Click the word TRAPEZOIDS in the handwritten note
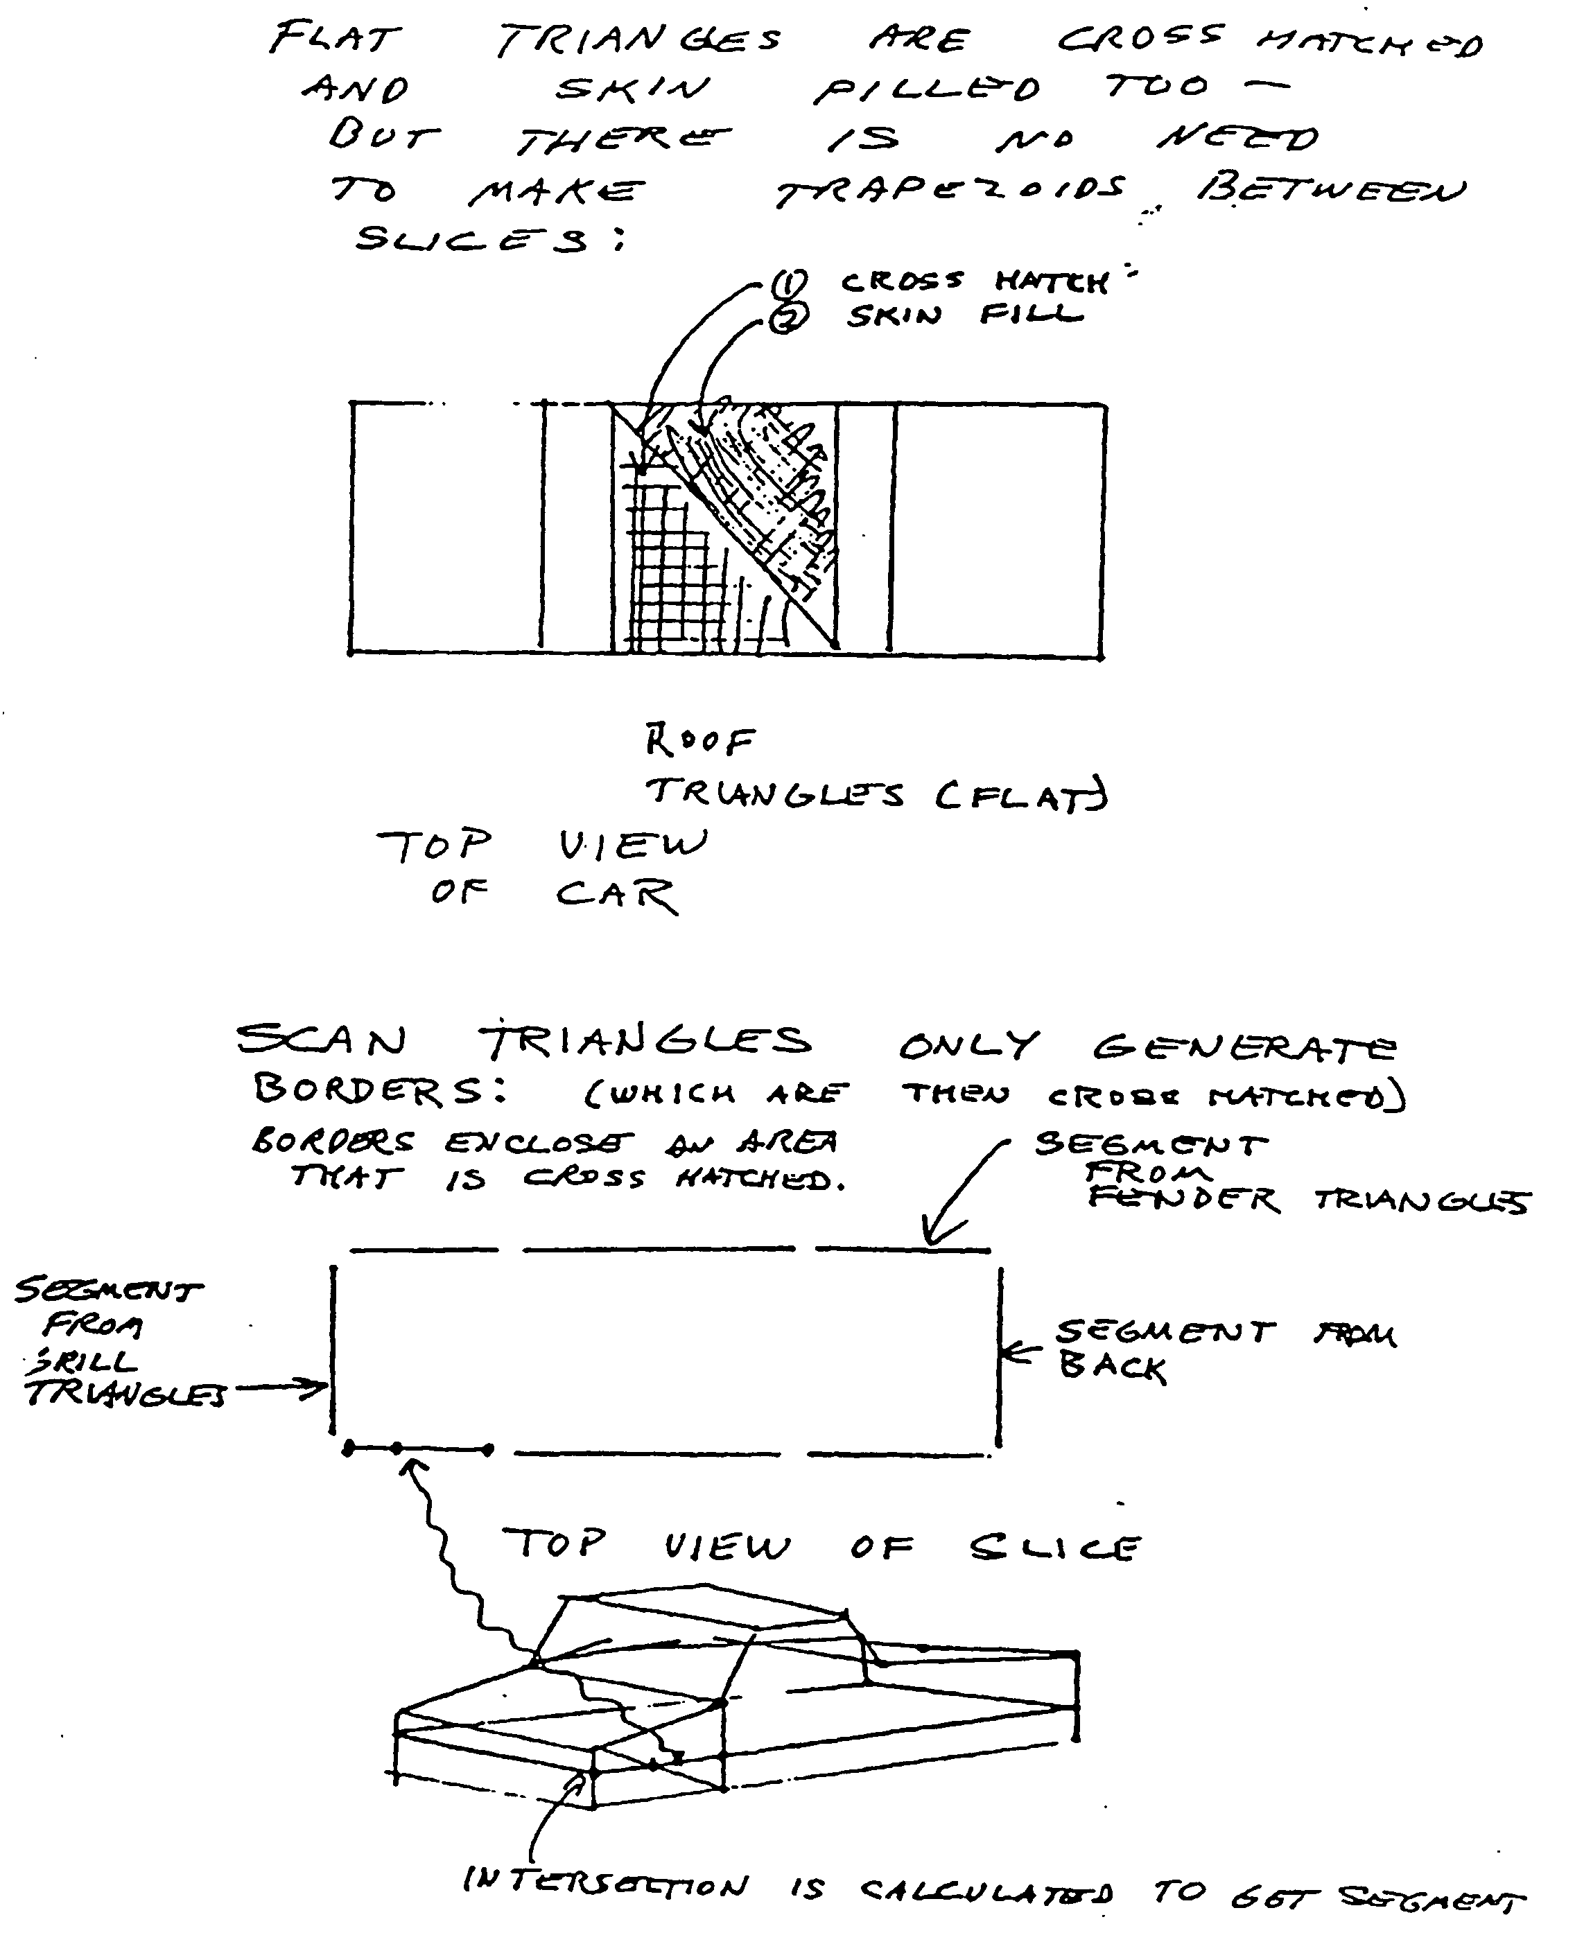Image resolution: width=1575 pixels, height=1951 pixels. coord(949,191)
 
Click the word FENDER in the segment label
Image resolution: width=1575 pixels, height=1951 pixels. coord(1184,1200)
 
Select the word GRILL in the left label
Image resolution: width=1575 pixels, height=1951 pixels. coord(82,1361)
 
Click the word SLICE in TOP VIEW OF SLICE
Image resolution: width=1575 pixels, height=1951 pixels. coord(1053,1548)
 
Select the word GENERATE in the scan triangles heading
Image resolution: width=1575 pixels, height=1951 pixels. coord(1244,1048)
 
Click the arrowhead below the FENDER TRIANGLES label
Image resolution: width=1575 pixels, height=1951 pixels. coord(932,1236)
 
